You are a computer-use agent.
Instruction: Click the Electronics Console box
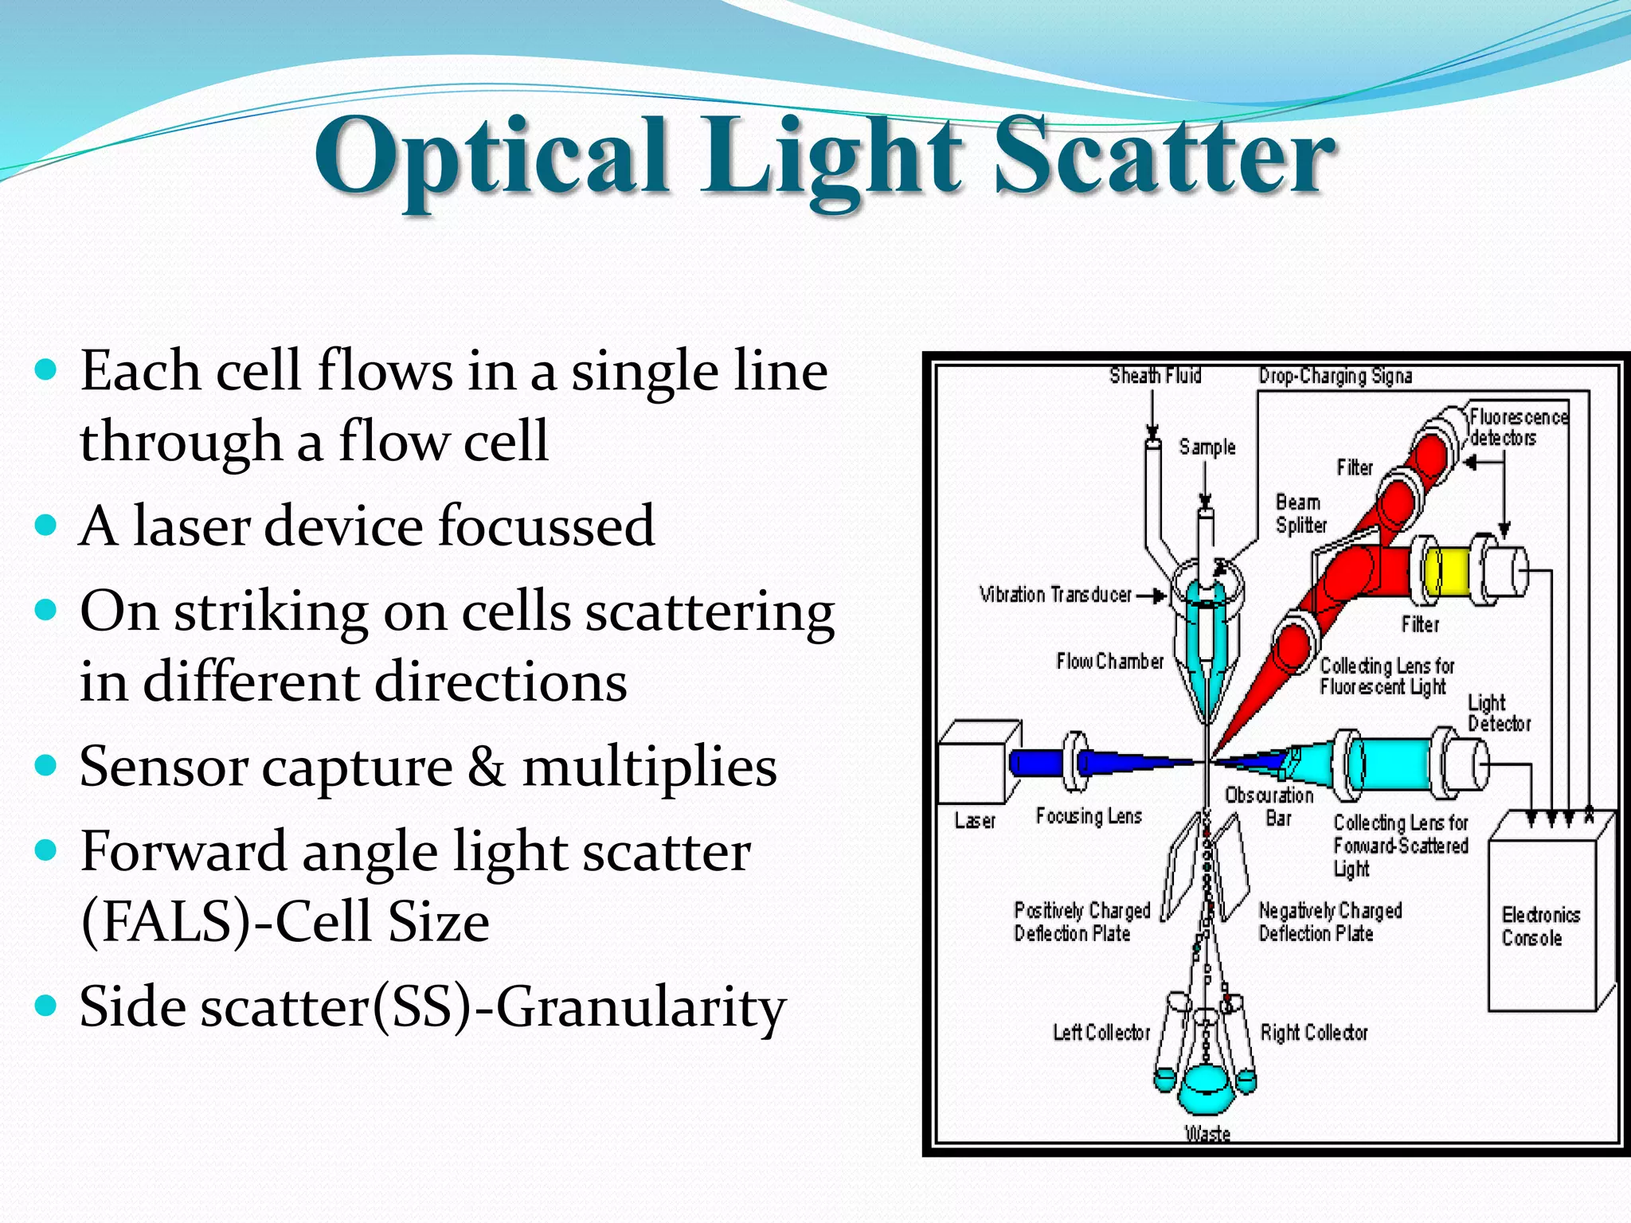point(1542,924)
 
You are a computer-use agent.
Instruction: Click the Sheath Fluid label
point(1155,375)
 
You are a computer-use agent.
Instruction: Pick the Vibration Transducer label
point(1055,595)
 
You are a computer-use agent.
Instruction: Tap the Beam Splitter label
point(1300,514)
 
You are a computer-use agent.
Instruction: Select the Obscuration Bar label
point(1270,806)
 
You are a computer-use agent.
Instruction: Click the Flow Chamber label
point(1109,661)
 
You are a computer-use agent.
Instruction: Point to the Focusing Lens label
point(1089,815)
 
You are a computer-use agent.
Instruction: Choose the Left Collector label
point(1101,1033)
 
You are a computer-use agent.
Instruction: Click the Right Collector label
point(1314,1033)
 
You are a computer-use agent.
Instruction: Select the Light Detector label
point(1498,713)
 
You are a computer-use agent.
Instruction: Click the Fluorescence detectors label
point(1517,428)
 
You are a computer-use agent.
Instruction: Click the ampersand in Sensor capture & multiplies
point(486,768)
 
